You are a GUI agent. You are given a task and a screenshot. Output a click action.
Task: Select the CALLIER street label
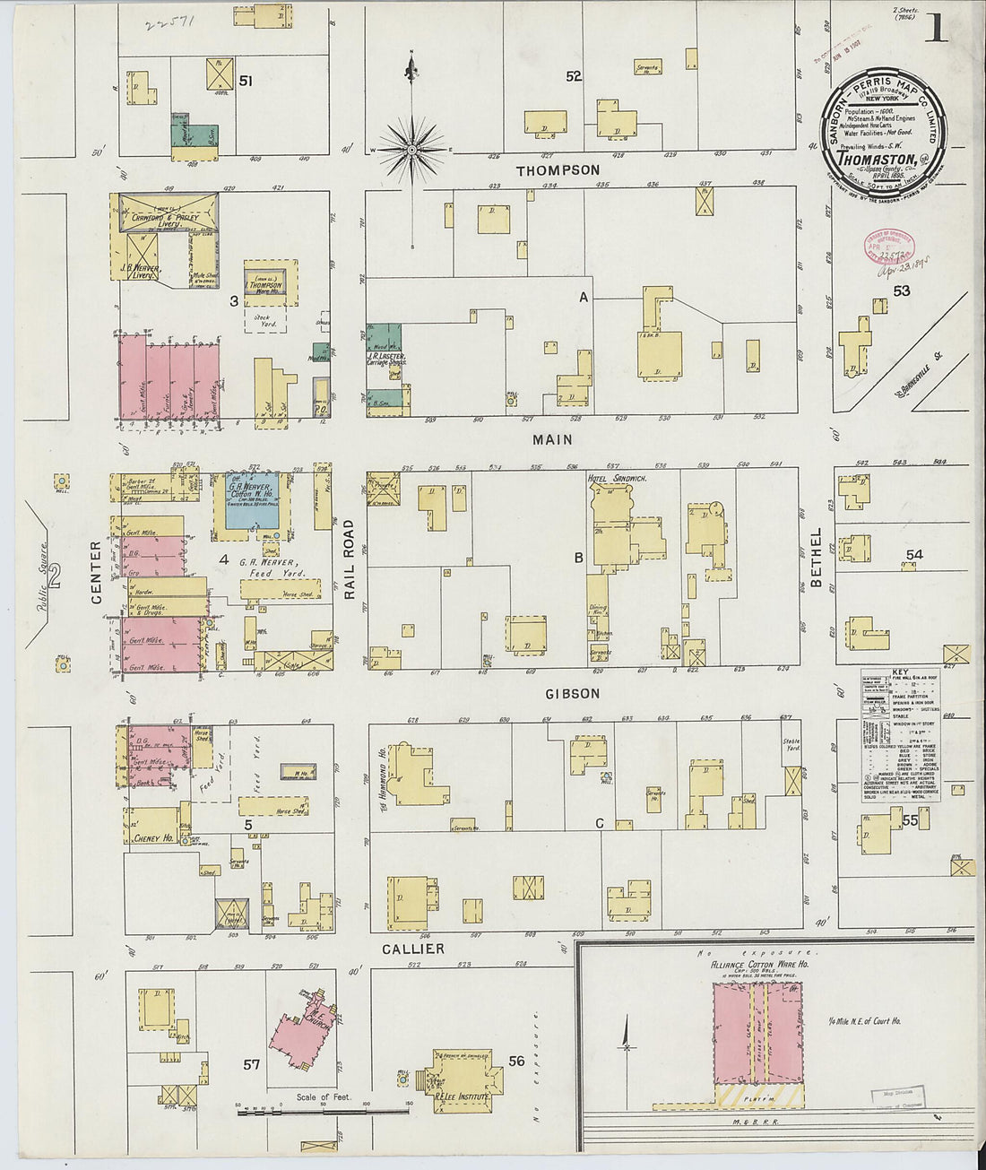pos(412,949)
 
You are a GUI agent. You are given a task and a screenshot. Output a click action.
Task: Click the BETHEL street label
pos(816,558)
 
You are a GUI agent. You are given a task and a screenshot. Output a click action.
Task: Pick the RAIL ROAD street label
pos(350,559)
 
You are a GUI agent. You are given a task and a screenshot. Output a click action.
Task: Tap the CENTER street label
pos(96,559)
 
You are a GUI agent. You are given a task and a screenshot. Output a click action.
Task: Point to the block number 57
pos(252,1064)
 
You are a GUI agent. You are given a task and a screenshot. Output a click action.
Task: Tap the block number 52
pos(574,77)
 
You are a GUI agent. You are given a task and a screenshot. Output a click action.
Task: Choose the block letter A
pos(583,297)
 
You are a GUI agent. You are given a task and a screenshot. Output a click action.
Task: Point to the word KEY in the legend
pos(900,672)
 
